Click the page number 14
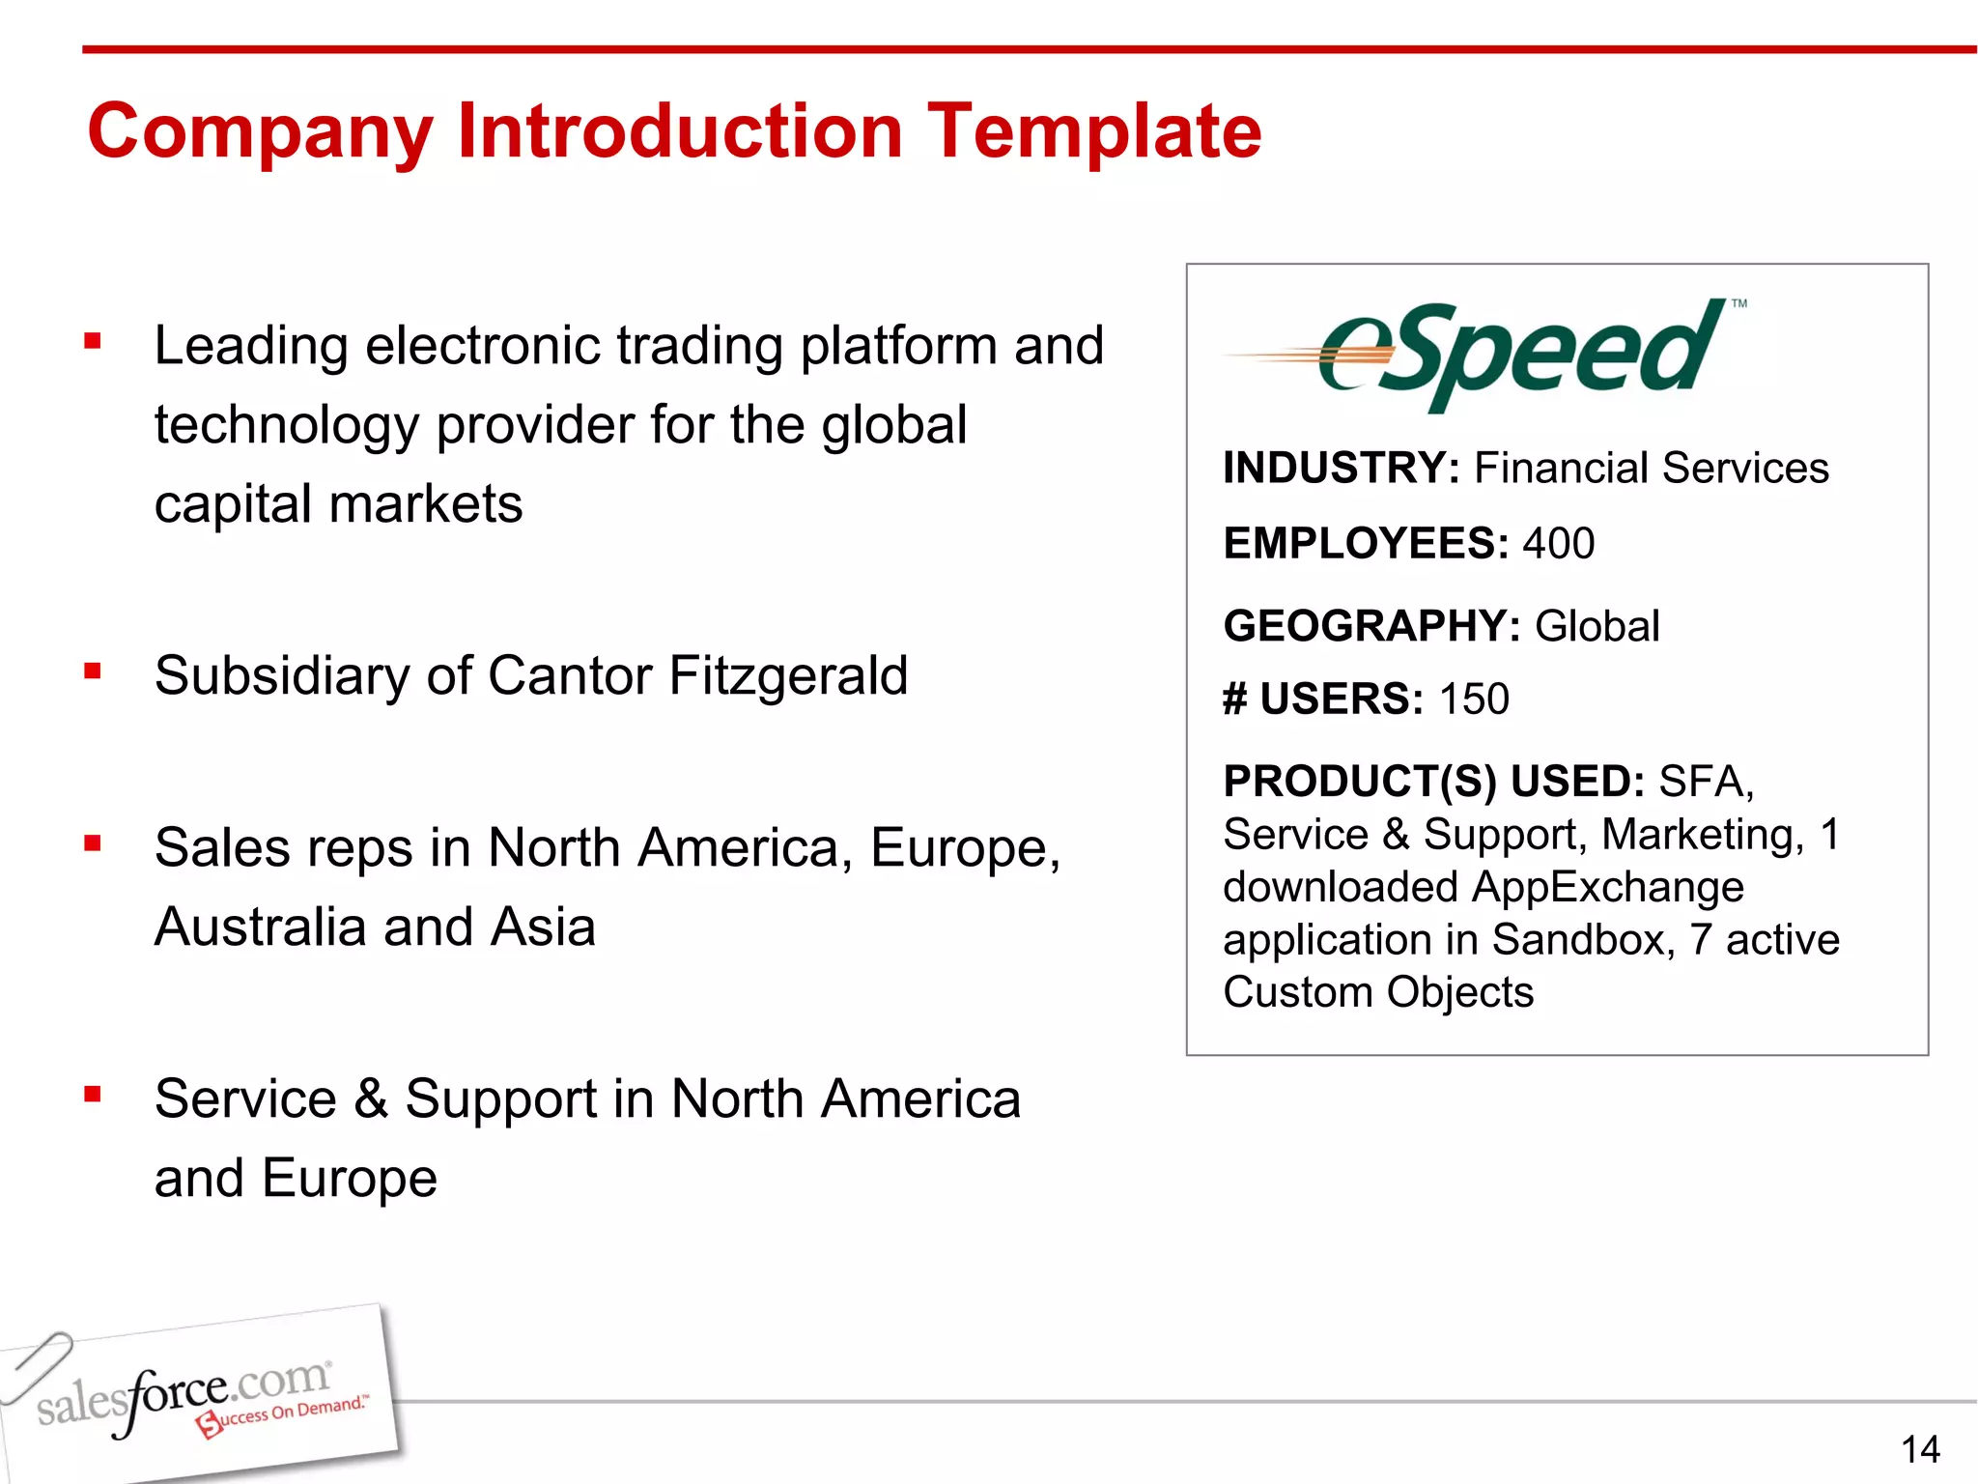pos(1919,1449)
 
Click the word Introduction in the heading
pos(680,131)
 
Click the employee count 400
pos(1558,543)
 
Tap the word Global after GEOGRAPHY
pos(1597,626)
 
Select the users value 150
pos(1474,699)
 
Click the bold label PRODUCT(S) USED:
pos(1433,781)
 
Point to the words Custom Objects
pos(1378,992)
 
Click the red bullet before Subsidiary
pos(93,671)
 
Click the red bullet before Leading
pos(93,340)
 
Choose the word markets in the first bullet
pos(426,503)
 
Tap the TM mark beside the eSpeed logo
pos(1738,303)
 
